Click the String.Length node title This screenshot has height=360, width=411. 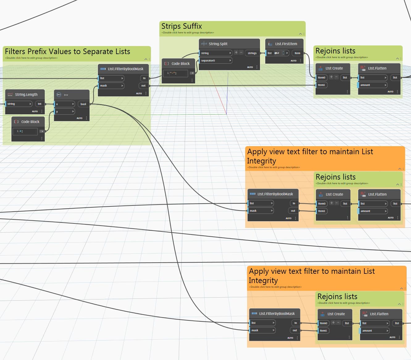[x=26, y=95]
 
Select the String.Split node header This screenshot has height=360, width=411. [x=218, y=44]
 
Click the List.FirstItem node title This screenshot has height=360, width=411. [x=286, y=44]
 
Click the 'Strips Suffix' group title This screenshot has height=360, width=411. [x=182, y=26]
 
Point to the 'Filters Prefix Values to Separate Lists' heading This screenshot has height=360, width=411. [x=67, y=52]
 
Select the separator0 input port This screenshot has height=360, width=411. [x=215, y=61]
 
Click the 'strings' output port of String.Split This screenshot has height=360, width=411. [x=252, y=53]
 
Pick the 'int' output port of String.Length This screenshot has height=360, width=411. [x=40, y=104]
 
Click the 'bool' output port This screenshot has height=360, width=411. [x=83, y=104]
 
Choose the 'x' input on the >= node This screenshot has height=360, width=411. [x=65, y=104]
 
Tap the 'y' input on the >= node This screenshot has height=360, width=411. [x=65, y=112]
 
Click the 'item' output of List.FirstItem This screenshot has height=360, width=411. [x=297, y=53]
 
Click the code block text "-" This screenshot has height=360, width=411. [x=173, y=73]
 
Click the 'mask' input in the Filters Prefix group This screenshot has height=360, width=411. [x=111, y=86]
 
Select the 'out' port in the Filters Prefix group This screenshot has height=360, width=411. [x=143, y=86]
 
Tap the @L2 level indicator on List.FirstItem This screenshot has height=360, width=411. [x=277, y=53]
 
